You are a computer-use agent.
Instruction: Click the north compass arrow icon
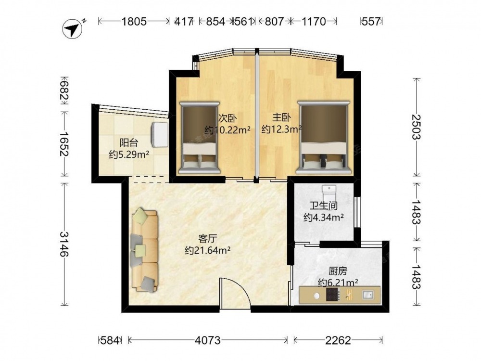pos(73,29)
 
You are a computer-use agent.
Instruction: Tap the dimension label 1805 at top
pos(134,22)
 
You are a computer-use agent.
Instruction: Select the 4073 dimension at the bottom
pos(208,340)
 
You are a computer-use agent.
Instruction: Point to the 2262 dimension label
pos(338,340)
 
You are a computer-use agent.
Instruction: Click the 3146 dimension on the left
pos(64,244)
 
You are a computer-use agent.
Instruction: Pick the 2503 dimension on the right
pos(416,127)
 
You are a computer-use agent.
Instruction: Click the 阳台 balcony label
pos(129,143)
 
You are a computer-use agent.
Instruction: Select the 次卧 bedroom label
pos(228,118)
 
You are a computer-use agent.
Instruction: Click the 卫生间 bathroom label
pos(324,206)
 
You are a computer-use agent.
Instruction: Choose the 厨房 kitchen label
pos(338,271)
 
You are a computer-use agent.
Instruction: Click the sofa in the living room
pos(145,249)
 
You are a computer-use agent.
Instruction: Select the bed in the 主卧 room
pos(324,137)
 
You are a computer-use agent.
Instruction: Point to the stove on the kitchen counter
pos(333,295)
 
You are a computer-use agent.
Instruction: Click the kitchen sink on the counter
pos(367,295)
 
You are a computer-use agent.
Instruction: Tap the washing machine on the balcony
pos(160,135)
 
